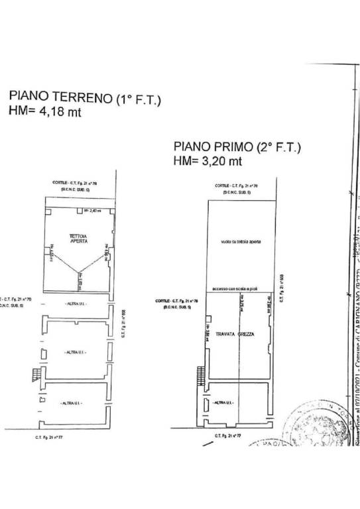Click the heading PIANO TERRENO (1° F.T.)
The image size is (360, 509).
pyautogui.click(x=84, y=100)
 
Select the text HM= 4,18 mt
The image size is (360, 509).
pyautogui.click(x=44, y=113)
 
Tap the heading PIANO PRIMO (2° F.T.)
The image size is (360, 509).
pyautogui.click(x=237, y=147)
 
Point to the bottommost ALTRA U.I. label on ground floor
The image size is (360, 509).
pyautogui.click(x=72, y=403)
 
